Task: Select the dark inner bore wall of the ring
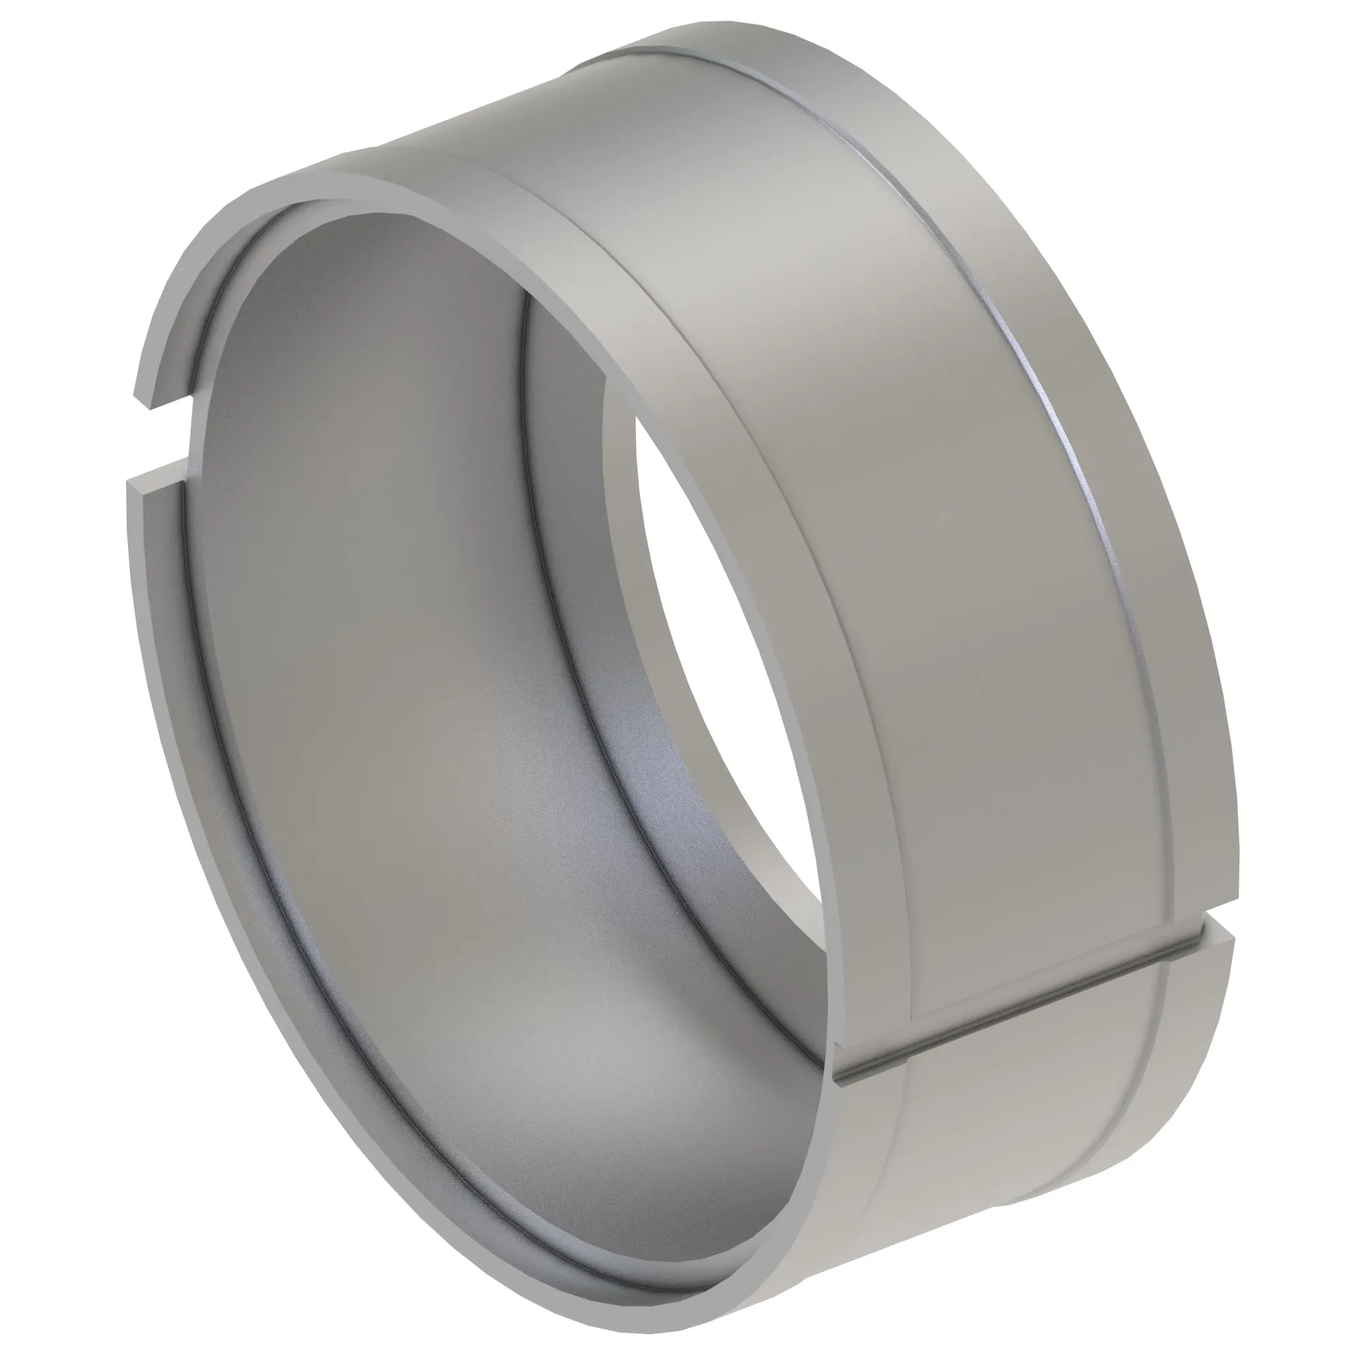[x=395, y=635]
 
